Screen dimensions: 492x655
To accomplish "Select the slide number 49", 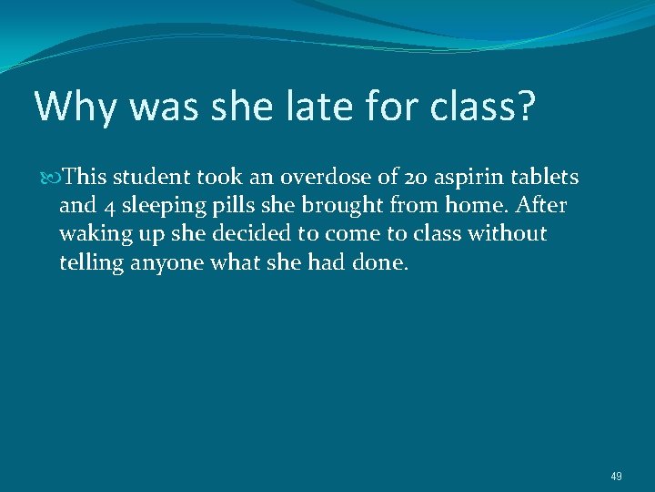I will pos(616,475).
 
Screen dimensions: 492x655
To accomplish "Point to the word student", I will pos(151,176).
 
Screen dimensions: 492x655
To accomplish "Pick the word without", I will pos(508,234).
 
